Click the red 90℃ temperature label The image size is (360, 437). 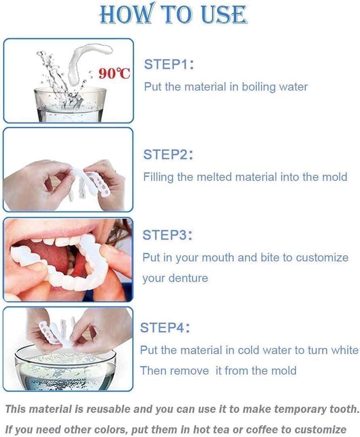pyautogui.click(x=114, y=73)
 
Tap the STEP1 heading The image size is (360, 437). pyautogui.click(x=169, y=64)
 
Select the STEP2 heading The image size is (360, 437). pyautogui.click(x=168, y=155)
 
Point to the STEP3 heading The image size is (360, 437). pyautogui.click(x=168, y=235)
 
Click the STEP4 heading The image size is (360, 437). pyautogui.click(x=165, y=328)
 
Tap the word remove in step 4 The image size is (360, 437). pyautogui.click(x=191, y=370)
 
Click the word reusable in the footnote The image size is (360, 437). pyautogui.click(x=112, y=409)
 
